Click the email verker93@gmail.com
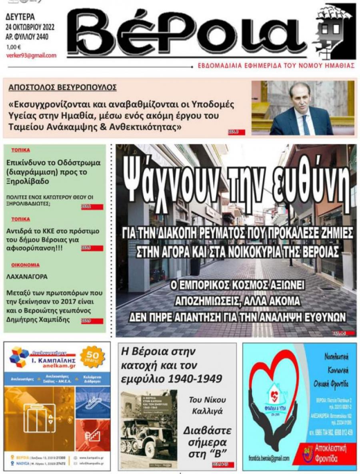[31, 56]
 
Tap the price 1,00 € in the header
[14, 47]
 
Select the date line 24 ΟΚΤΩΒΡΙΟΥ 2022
[30, 28]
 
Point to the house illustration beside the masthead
[334, 32]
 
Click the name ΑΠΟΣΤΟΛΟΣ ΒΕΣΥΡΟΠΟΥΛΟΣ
[62, 87]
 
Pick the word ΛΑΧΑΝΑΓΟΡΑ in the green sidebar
[27, 276]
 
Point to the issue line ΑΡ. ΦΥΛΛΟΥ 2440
[30, 38]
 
